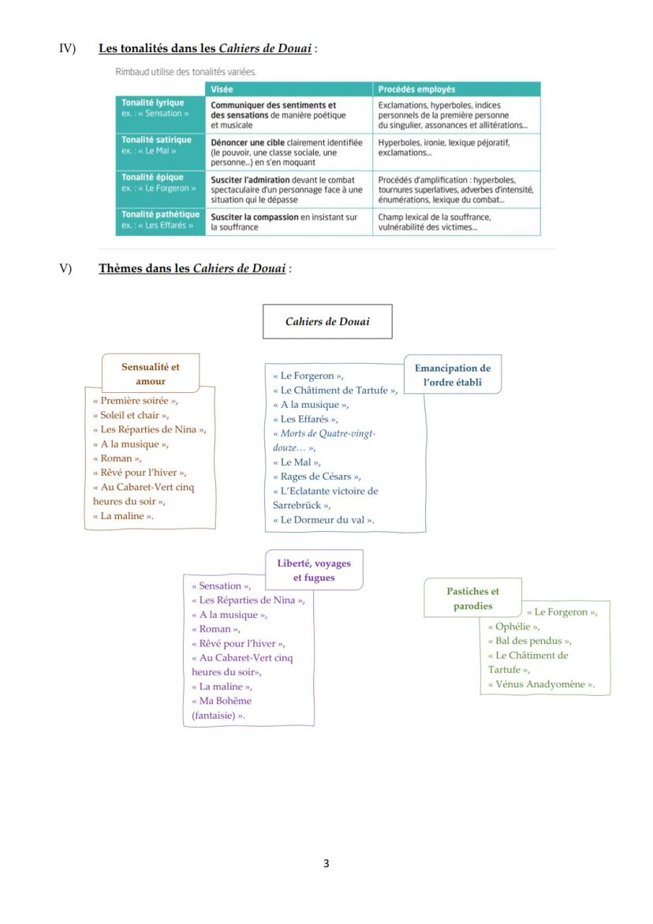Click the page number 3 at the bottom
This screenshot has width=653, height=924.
pyautogui.click(x=326, y=863)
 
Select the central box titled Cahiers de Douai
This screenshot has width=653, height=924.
pyautogui.click(x=327, y=321)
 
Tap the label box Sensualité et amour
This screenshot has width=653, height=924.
pyautogui.click(x=150, y=374)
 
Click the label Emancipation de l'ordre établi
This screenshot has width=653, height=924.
pyautogui.click(x=452, y=376)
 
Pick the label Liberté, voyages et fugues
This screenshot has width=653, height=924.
pyautogui.click(x=314, y=570)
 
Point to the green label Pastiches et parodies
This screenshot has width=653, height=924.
pyautogui.click(x=472, y=598)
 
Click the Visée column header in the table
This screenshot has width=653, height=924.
pyautogui.click(x=222, y=89)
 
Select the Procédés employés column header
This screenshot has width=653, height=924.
pyautogui.click(x=416, y=89)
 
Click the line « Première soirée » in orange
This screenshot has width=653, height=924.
pyautogui.click(x=135, y=400)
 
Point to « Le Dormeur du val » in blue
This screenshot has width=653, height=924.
pyautogui.click(x=323, y=519)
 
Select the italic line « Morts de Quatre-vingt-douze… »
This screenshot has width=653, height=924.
pyautogui.click(x=324, y=440)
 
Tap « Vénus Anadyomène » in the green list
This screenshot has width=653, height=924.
pyautogui.click(x=541, y=684)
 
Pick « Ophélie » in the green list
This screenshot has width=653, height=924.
pyautogui.click(x=513, y=627)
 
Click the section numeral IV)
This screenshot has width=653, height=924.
pyautogui.click(x=67, y=48)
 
